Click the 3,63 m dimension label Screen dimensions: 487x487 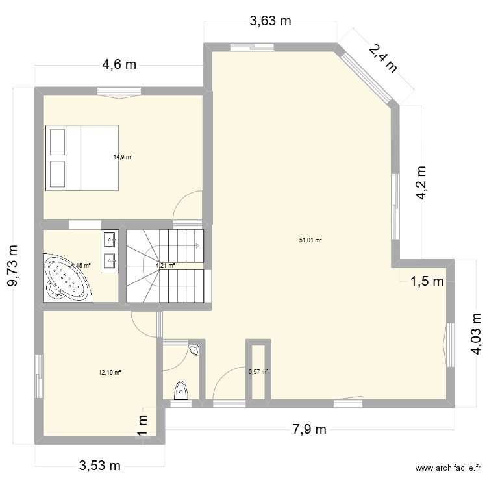[x=271, y=21]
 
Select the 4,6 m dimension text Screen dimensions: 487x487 [x=119, y=64]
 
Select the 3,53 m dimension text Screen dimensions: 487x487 [x=100, y=466]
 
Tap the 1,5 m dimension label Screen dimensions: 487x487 [x=426, y=281]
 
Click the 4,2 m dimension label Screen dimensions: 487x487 [x=422, y=184]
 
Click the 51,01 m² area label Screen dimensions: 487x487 [x=310, y=240]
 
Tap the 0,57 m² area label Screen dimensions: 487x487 [x=258, y=372]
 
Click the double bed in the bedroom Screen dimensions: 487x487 [x=82, y=158]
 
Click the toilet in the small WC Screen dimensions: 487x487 [x=181, y=390]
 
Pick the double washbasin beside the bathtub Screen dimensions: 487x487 [x=109, y=250]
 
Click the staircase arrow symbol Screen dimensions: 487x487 [x=197, y=245]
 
